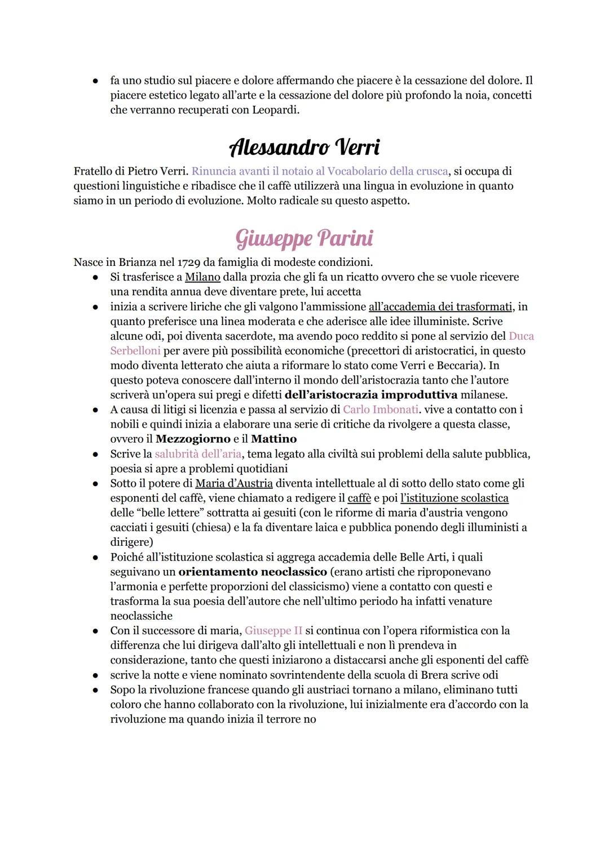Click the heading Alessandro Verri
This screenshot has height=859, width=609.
(x=304, y=148)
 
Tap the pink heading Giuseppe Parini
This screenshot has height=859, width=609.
(x=304, y=238)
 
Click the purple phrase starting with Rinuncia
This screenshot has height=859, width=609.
(x=320, y=171)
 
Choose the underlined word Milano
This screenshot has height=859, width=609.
(x=204, y=277)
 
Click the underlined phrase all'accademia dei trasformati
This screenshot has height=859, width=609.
(x=440, y=306)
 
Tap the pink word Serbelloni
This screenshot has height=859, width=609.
(x=135, y=351)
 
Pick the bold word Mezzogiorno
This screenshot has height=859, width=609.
(x=193, y=439)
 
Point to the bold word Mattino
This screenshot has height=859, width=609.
(x=273, y=439)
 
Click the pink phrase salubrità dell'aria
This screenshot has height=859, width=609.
(x=198, y=453)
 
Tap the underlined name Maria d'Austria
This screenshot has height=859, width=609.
(x=234, y=483)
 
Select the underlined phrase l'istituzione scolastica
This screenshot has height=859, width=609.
(x=454, y=498)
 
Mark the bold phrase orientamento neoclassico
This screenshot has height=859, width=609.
(x=253, y=572)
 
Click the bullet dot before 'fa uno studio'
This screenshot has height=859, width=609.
(x=96, y=81)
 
